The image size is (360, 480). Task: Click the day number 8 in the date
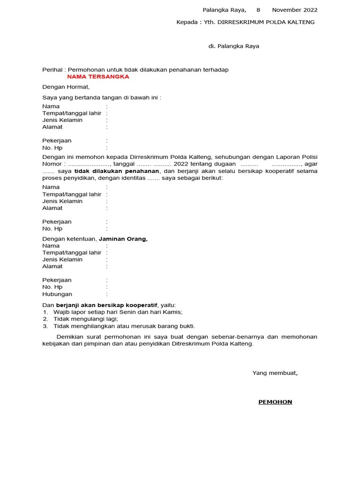[258, 10]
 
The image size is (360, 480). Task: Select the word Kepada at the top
[186, 22]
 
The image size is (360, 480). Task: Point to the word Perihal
[52, 70]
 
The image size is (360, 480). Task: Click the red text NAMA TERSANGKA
[98, 77]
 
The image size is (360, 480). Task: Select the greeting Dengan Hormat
[66, 87]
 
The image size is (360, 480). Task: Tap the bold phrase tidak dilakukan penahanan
[117, 171]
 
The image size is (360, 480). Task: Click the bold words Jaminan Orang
[123, 239]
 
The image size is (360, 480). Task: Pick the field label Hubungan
[57, 294]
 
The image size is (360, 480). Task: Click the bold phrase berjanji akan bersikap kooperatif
[107, 305]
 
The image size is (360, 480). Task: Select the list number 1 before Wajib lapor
[45, 312]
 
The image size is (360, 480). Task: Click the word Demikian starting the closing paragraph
[70, 337]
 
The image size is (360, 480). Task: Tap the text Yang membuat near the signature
[275, 373]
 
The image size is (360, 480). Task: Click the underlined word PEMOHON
[275, 402]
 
